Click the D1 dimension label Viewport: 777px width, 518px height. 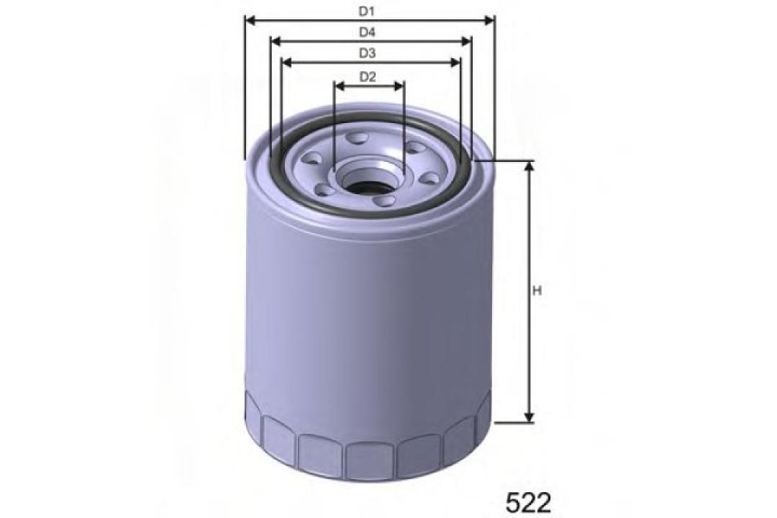click(x=368, y=12)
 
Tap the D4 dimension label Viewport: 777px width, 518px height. click(x=368, y=32)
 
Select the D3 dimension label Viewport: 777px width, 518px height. click(x=368, y=53)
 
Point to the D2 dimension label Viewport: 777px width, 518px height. click(x=368, y=76)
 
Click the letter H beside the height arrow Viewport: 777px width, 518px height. click(x=536, y=291)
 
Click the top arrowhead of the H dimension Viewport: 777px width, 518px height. click(x=530, y=166)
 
